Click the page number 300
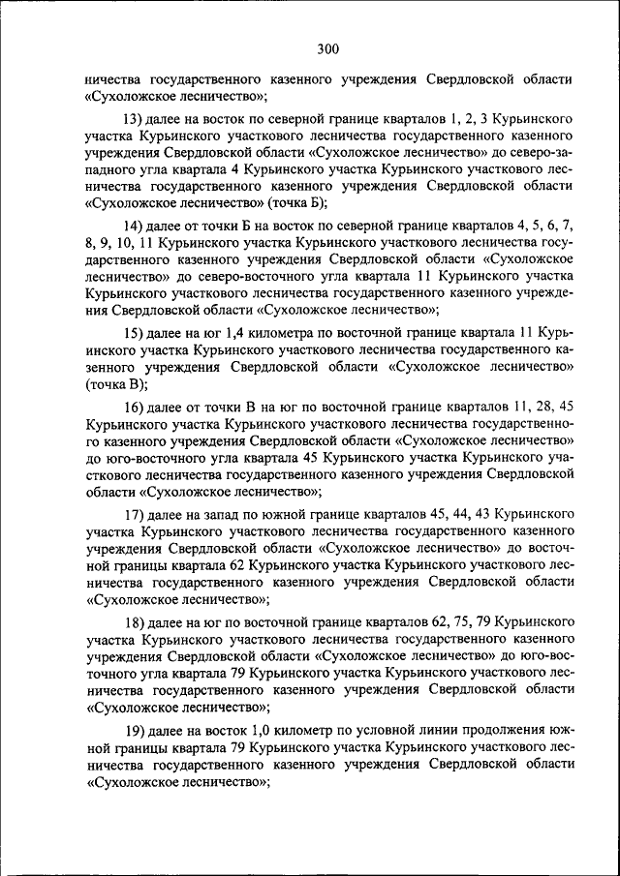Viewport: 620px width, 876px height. tap(326, 49)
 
